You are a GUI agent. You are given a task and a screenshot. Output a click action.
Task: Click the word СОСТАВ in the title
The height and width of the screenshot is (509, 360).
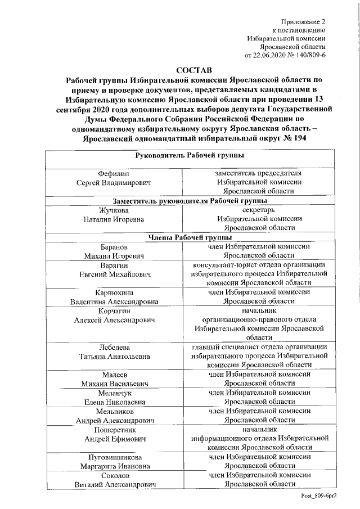(194, 70)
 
